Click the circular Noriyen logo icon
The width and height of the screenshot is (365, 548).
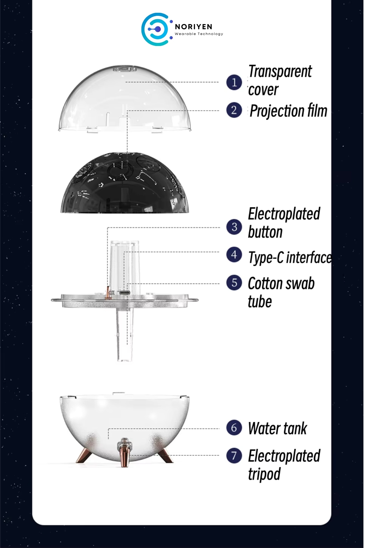[x=156, y=29]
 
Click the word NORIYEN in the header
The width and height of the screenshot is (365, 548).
[x=193, y=27]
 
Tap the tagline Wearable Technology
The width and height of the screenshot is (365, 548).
[x=199, y=34]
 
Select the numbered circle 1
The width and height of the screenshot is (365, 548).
[x=234, y=82]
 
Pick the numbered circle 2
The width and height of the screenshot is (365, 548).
[x=234, y=110]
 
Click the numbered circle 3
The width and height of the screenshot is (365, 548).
[x=234, y=227]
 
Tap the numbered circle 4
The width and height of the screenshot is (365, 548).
[x=234, y=255]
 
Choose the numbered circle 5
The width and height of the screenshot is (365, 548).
[x=234, y=283]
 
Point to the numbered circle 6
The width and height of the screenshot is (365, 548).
[x=234, y=428]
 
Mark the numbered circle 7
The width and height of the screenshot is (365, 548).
[x=234, y=455]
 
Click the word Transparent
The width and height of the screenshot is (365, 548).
[x=280, y=72]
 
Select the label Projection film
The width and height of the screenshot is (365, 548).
[x=288, y=111]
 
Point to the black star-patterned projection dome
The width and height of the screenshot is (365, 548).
[x=125, y=183]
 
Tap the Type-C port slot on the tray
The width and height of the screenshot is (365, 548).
[x=125, y=293]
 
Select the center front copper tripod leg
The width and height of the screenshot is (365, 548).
[x=125, y=452]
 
